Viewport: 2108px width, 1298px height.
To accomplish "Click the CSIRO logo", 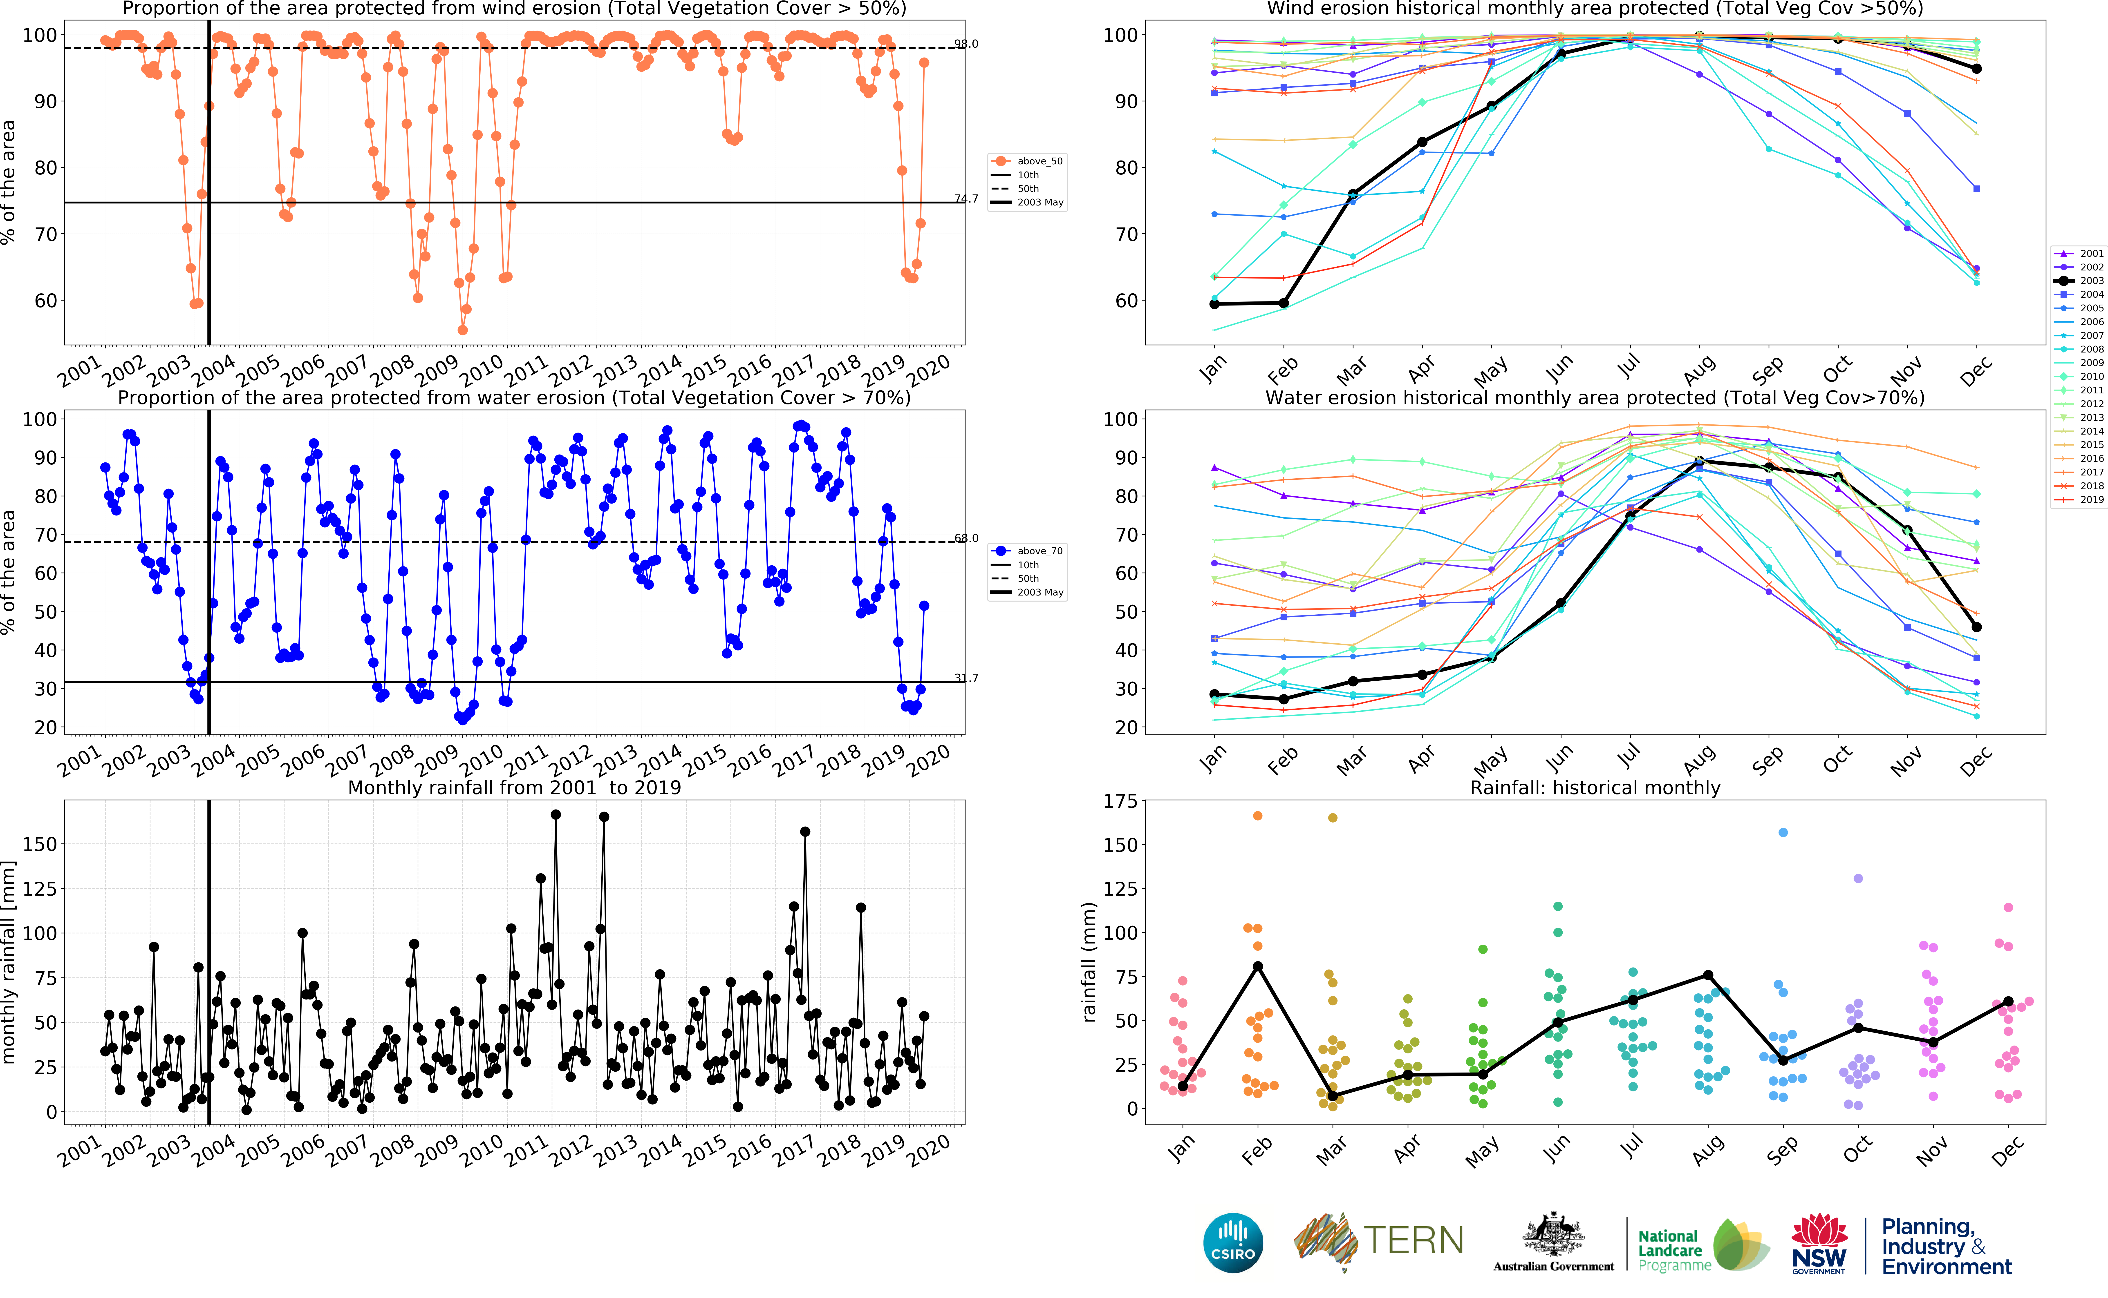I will pyautogui.click(x=1233, y=1242).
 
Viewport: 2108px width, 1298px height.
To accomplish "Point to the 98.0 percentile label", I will pyautogui.click(x=966, y=44).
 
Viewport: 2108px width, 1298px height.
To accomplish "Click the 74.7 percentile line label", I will pyautogui.click(x=966, y=198).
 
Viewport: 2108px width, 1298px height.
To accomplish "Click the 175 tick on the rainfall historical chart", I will pyautogui.click(x=1120, y=801).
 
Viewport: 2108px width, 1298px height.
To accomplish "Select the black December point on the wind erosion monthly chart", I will pyautogui.click(x=1977, y=69).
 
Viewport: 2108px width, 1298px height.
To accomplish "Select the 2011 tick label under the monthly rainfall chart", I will pyautogui.click(x=525, y=1151).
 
